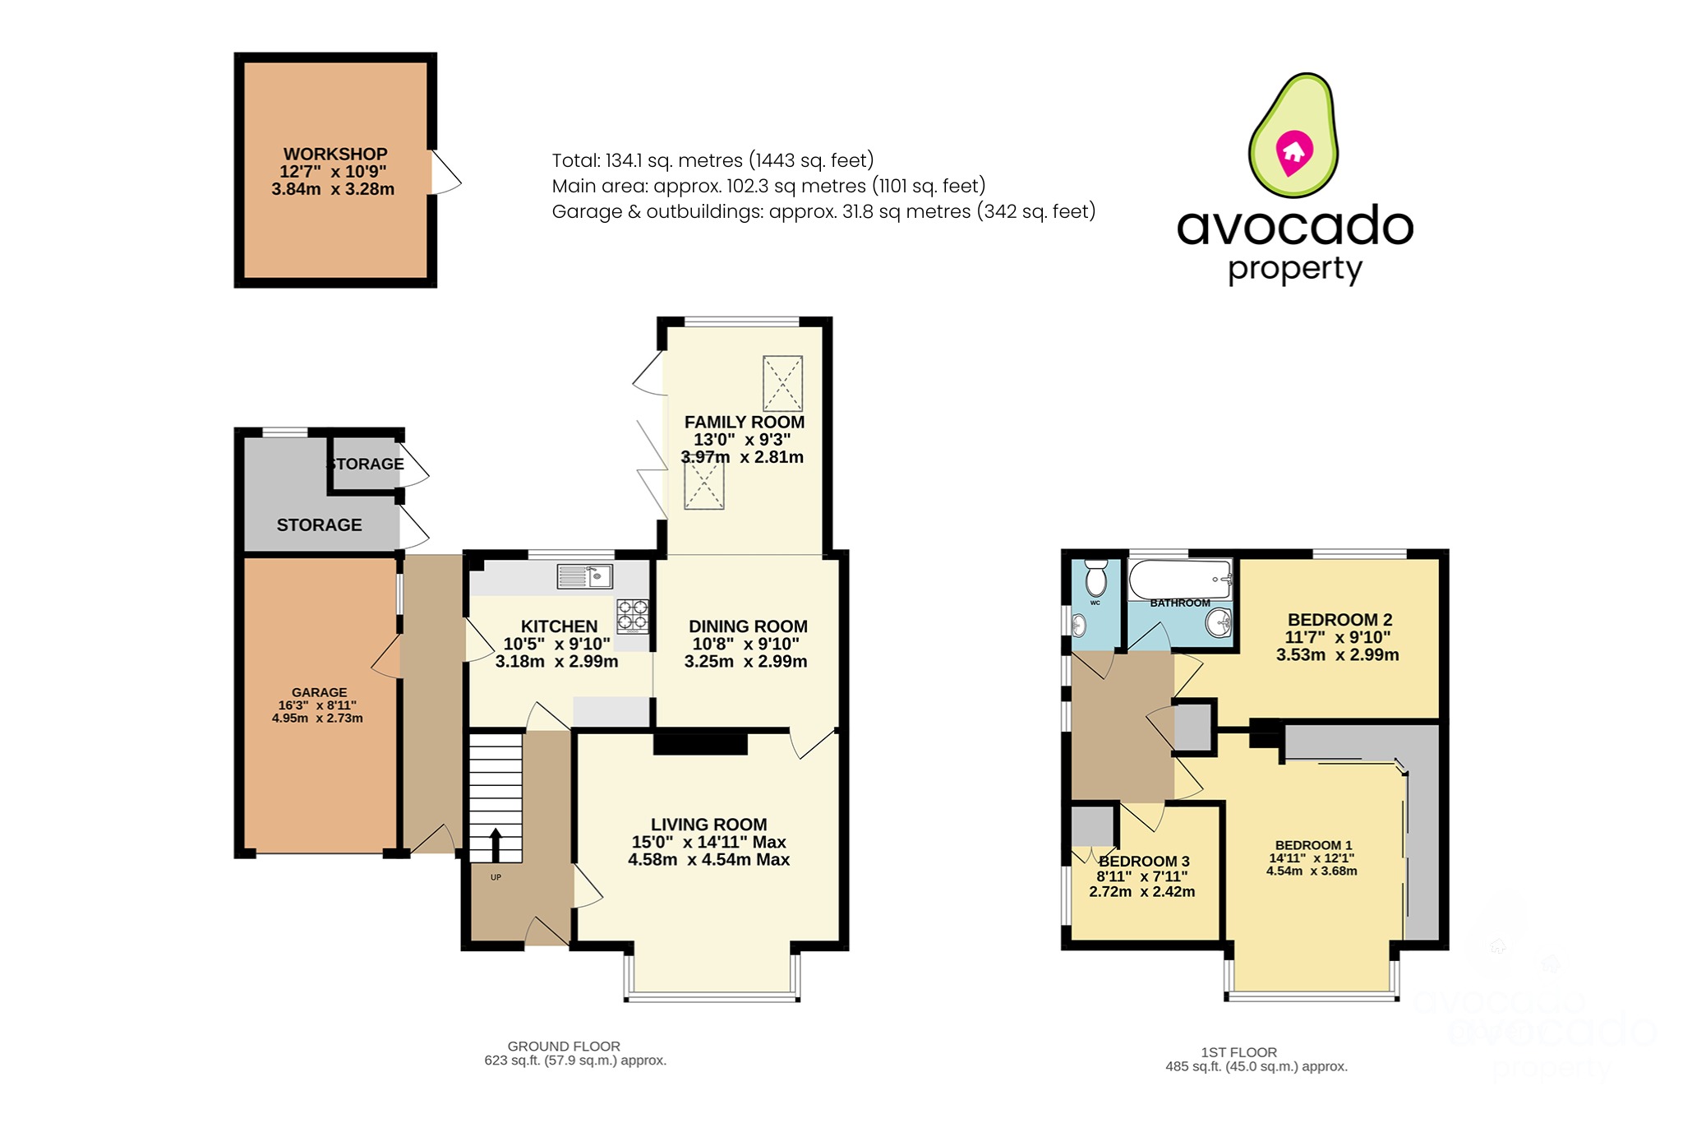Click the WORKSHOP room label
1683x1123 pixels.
335,155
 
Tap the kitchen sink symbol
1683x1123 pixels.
584,576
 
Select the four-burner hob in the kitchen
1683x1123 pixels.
633,615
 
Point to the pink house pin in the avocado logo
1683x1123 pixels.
1293,153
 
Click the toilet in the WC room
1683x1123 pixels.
1096,579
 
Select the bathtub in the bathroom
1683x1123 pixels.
1180,580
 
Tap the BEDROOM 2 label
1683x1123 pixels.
1339,620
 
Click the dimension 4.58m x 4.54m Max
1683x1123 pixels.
708,860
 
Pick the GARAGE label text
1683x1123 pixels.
319,692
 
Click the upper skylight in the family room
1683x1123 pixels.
782,383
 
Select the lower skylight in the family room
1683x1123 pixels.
704,485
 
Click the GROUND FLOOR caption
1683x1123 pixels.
564,1046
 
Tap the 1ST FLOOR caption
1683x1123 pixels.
1238,1052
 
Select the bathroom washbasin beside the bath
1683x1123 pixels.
1219,623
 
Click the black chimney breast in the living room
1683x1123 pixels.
700,743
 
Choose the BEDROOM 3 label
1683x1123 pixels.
1144,862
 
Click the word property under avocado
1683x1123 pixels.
1295,270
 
